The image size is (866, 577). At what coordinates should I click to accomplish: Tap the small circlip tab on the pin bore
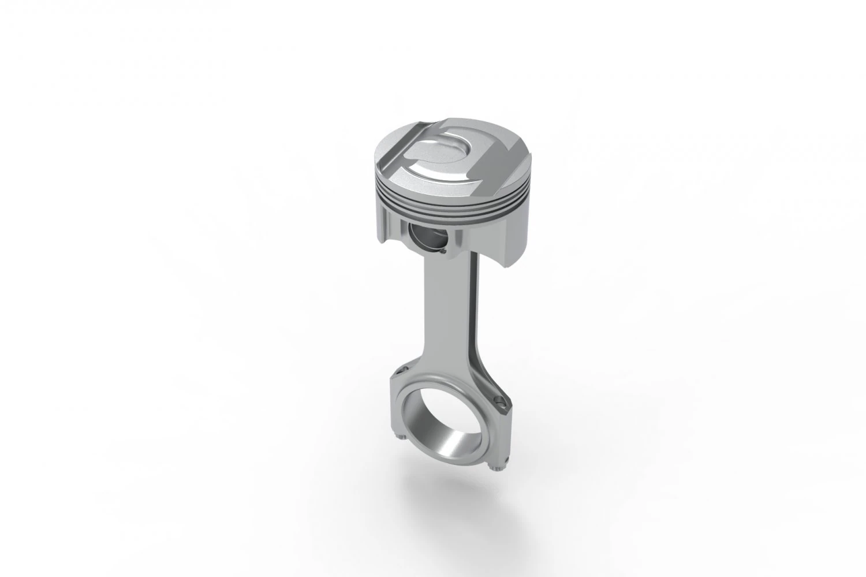point(442,250)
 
